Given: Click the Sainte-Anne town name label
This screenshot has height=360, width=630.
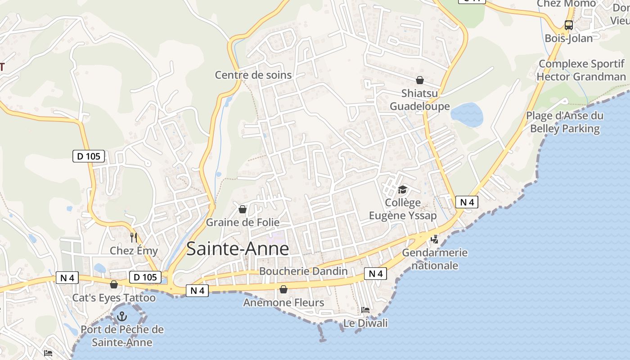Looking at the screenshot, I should click(x=237, y=249).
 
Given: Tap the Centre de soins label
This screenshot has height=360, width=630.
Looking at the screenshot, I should click(x=253, y=75).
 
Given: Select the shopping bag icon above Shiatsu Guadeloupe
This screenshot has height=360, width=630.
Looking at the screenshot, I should click(x=420, y=80).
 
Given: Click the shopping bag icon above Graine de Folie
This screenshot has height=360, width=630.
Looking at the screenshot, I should click(x=243, y=209).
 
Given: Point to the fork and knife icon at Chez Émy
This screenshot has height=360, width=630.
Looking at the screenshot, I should click(x=134, y=237).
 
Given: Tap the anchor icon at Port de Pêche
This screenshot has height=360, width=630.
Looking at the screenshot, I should click(x=122, y=317).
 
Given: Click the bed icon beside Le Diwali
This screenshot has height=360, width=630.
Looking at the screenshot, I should click(x=365, y=310).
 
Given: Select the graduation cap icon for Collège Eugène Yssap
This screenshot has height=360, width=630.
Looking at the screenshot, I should click(x=402, y=189).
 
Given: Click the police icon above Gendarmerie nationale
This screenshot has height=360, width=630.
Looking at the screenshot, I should click(x=434, y=239).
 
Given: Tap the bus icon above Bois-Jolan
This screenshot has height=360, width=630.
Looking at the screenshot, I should click(x=569, y=25).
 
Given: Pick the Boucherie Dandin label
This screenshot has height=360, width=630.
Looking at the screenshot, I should click(x=303, y=271).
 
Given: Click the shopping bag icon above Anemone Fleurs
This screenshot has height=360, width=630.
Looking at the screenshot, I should click(x=283, y=289).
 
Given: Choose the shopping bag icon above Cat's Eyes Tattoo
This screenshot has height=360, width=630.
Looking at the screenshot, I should click(x=114, y=284).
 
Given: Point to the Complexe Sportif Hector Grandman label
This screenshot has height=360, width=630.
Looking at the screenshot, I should click(x=581, y=70).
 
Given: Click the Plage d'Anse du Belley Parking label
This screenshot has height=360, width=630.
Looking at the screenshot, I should click(x=565, y=122).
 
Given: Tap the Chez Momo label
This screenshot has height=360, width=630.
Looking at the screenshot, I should click(x=566, y=4).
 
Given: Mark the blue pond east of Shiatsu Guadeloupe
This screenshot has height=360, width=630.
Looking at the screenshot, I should click(x=467, y=114).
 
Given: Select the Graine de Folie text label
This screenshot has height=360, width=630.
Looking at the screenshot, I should click(x=243, y=222).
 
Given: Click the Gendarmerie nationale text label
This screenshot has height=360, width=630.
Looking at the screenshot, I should click(x=435, y=259).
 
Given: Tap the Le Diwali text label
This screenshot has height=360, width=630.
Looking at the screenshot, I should click(x=365, y=323).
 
